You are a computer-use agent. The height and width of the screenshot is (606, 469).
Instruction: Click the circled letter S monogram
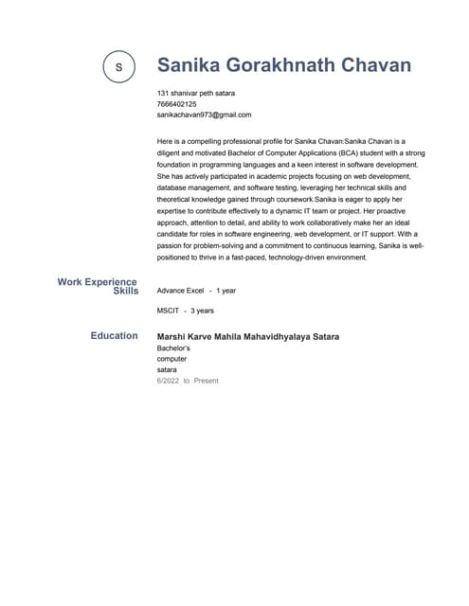click(x=118, y=66)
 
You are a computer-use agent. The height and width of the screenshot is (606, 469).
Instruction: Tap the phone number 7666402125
click(x=177, y=104)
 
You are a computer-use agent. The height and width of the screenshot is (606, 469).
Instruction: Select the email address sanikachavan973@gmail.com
click(x=204, y=115)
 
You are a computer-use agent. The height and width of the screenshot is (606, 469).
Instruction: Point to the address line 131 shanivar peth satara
click(x=196, y=93)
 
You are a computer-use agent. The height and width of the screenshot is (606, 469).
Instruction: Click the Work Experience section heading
click(x=97, y=281)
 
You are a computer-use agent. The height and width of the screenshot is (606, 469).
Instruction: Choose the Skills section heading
click(x=125, y=292)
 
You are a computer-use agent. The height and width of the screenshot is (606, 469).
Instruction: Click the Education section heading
click(x=114, y=335)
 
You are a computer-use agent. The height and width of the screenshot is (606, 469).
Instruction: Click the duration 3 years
click(x=202, y=311)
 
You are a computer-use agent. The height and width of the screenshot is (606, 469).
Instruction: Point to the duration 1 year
click(x=225, y=291)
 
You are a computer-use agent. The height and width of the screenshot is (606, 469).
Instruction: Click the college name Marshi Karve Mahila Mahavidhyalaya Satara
click(x=248, y=337)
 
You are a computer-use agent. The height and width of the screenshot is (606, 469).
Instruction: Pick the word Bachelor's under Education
click(x=173, y=348)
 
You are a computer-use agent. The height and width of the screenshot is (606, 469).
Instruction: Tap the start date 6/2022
click(x=168, y=381)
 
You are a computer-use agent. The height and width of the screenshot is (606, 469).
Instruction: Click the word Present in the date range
click(x=206, y=381)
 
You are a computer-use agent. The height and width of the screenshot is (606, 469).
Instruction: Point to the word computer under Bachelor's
click(x=172, y=359)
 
